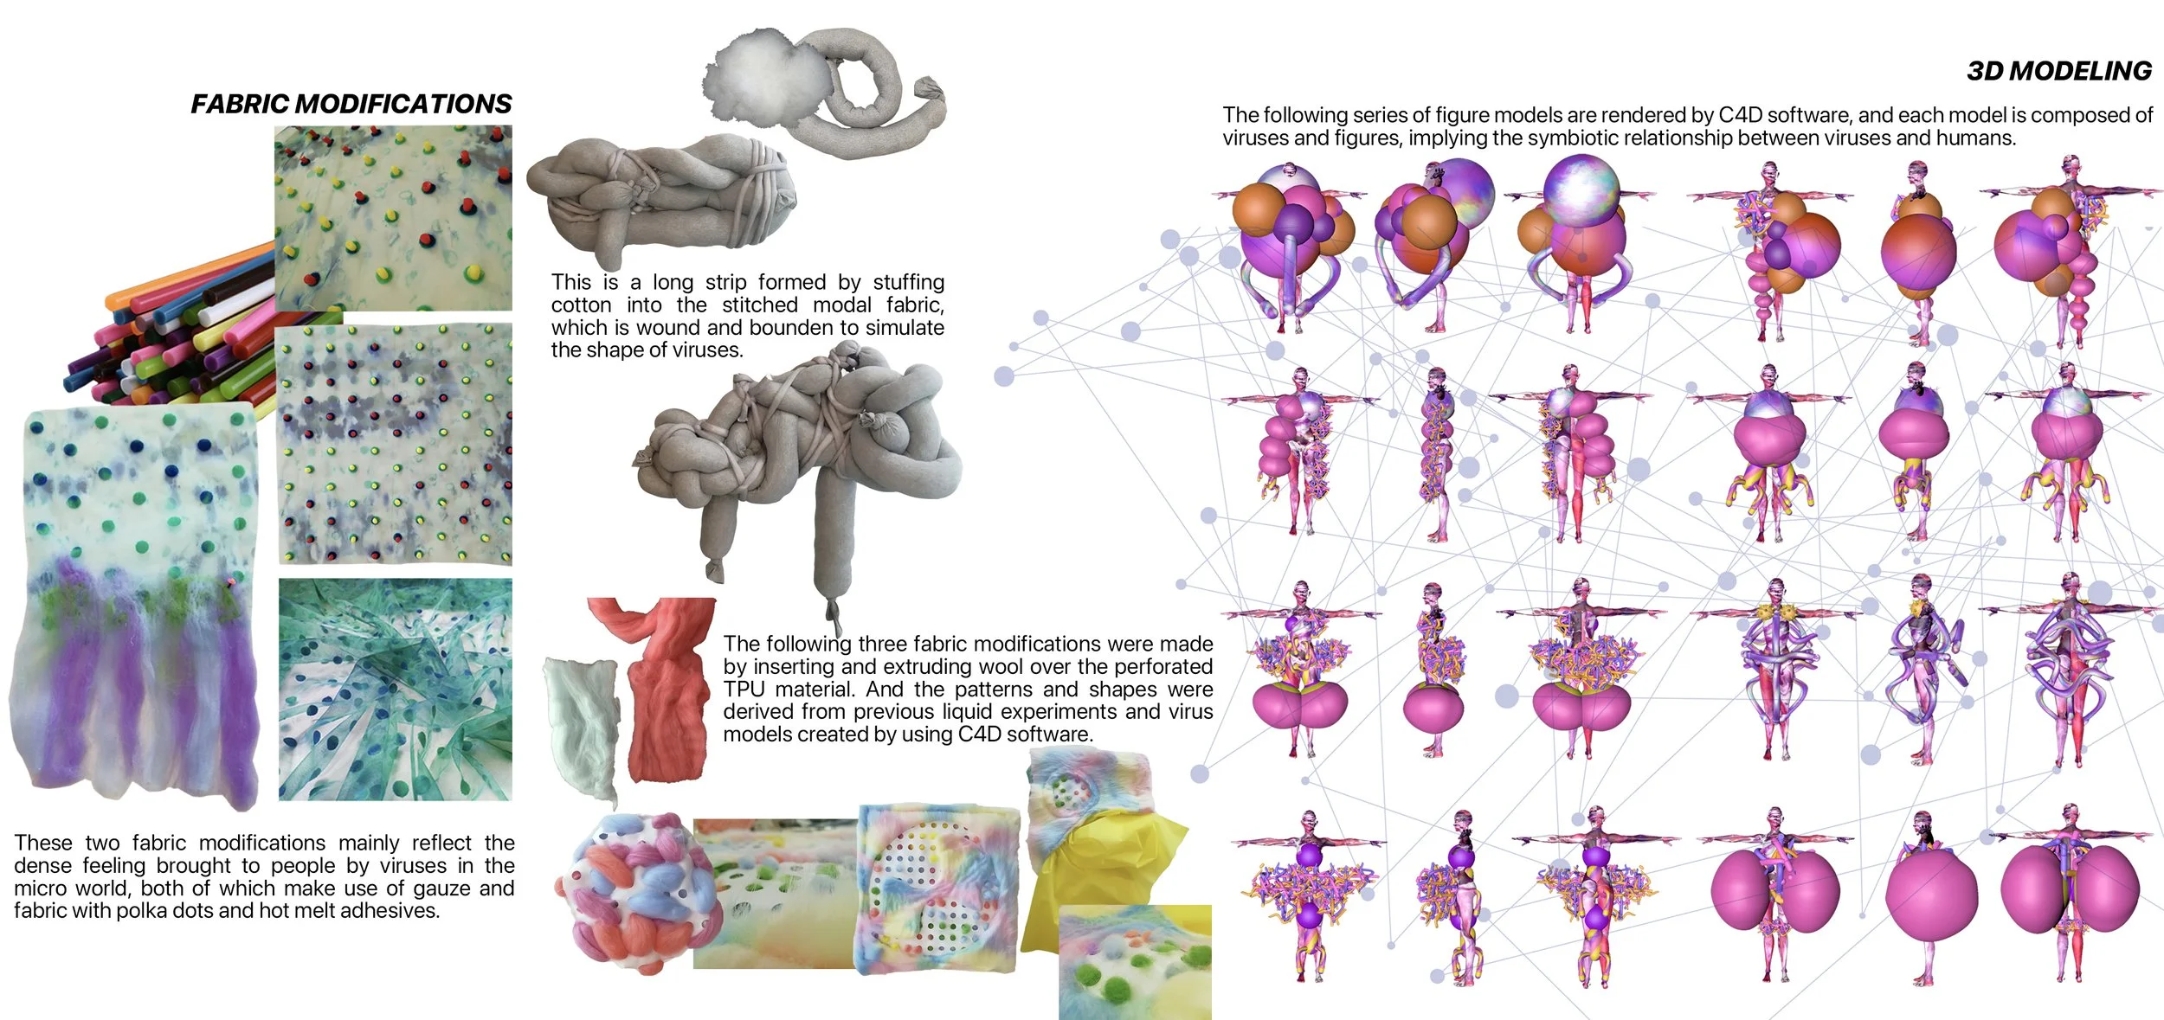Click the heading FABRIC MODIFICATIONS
(351, 104)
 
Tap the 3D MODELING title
(2058, 71)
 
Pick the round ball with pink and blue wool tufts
(638, 891)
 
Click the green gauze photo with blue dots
(396, 690)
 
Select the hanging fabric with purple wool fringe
(134, 606)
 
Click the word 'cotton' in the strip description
(581, 305)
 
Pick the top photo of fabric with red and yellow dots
(394, 218)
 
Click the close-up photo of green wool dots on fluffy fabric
(1134, 960)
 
